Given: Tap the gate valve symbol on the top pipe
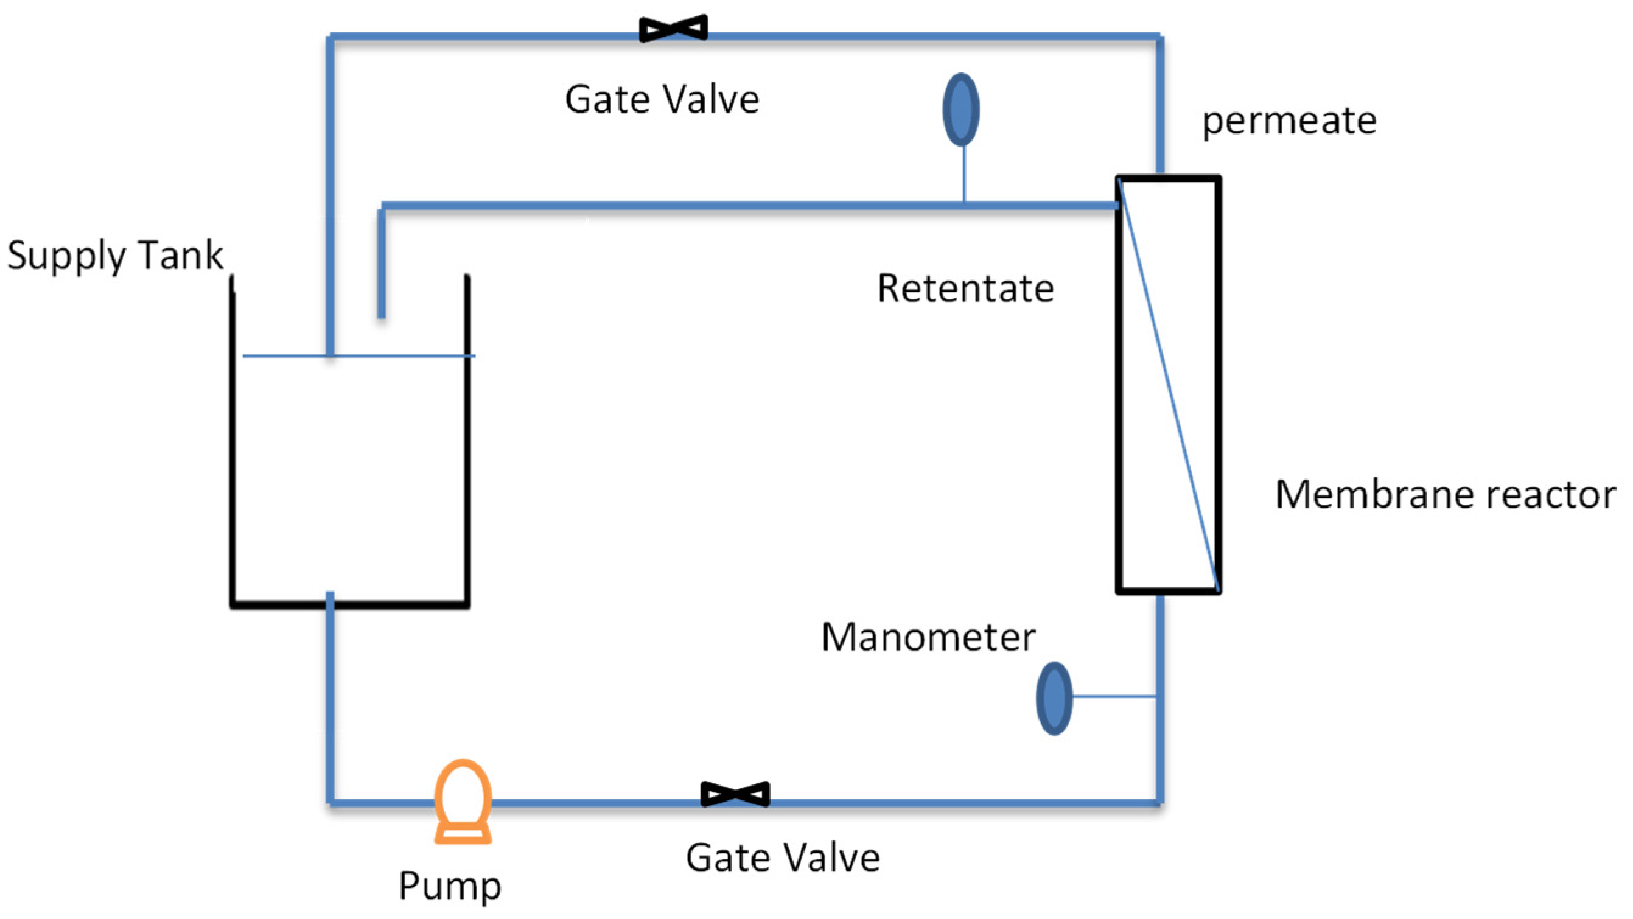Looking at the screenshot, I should pos(673,29).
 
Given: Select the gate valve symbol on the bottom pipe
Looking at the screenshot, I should pos(735,794).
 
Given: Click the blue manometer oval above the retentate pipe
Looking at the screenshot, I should pos(961,110).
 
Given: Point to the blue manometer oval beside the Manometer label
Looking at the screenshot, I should pos(1054,699).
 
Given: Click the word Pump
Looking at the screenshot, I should pos(449,886).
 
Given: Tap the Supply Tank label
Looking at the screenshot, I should pos(115,256).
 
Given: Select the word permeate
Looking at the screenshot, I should pos(1289,121).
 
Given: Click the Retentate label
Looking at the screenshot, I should pos(965,288).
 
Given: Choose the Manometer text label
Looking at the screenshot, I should pos(928,637).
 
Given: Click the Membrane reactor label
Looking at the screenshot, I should pos(1445,494).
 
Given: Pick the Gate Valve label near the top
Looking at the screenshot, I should pos(662,99).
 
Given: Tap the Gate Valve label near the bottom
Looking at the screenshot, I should pos(782,858).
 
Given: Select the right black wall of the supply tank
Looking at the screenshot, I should pos(467,444).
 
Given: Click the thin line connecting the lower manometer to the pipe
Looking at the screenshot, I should pos(1114,696).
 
